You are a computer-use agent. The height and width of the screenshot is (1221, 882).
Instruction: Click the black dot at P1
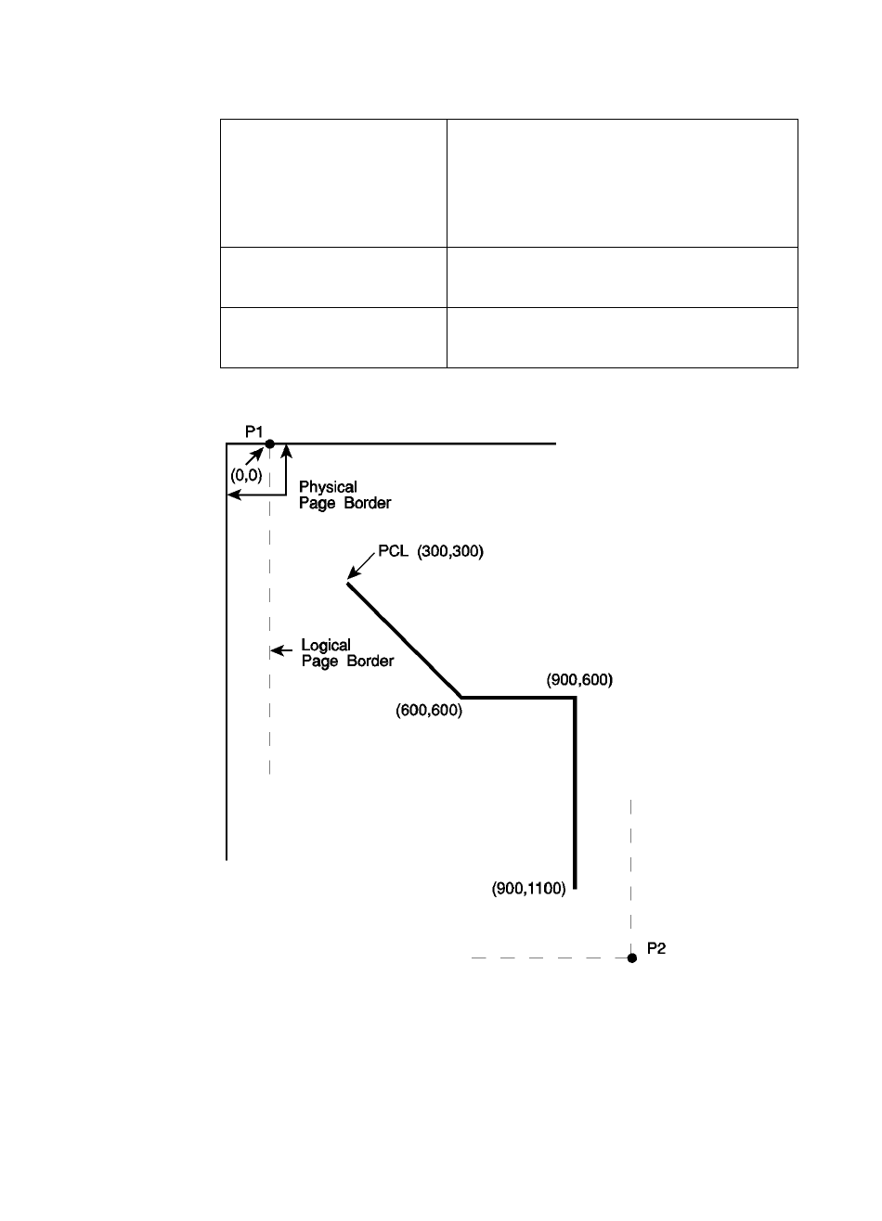(270, 443)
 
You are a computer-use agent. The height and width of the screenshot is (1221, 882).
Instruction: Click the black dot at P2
(631, 958)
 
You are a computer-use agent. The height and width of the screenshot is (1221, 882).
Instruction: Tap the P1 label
(255, 431)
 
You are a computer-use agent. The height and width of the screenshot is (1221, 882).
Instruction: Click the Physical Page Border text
(345, 495)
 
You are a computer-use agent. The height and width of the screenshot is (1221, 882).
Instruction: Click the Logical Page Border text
(347, 653)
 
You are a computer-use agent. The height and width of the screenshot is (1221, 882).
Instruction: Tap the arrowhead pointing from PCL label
(350, 579)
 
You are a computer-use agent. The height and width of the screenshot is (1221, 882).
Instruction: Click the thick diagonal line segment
(405, 640)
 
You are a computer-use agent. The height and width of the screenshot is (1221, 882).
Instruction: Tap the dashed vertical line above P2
(631, 872)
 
